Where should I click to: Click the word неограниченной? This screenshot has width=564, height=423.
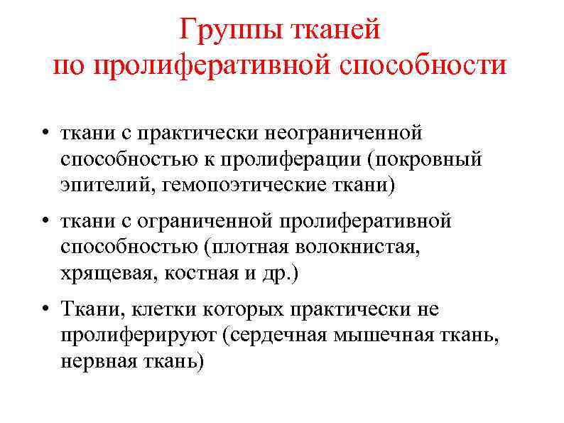[343, 133]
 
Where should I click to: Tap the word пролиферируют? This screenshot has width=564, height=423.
[138, 336]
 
